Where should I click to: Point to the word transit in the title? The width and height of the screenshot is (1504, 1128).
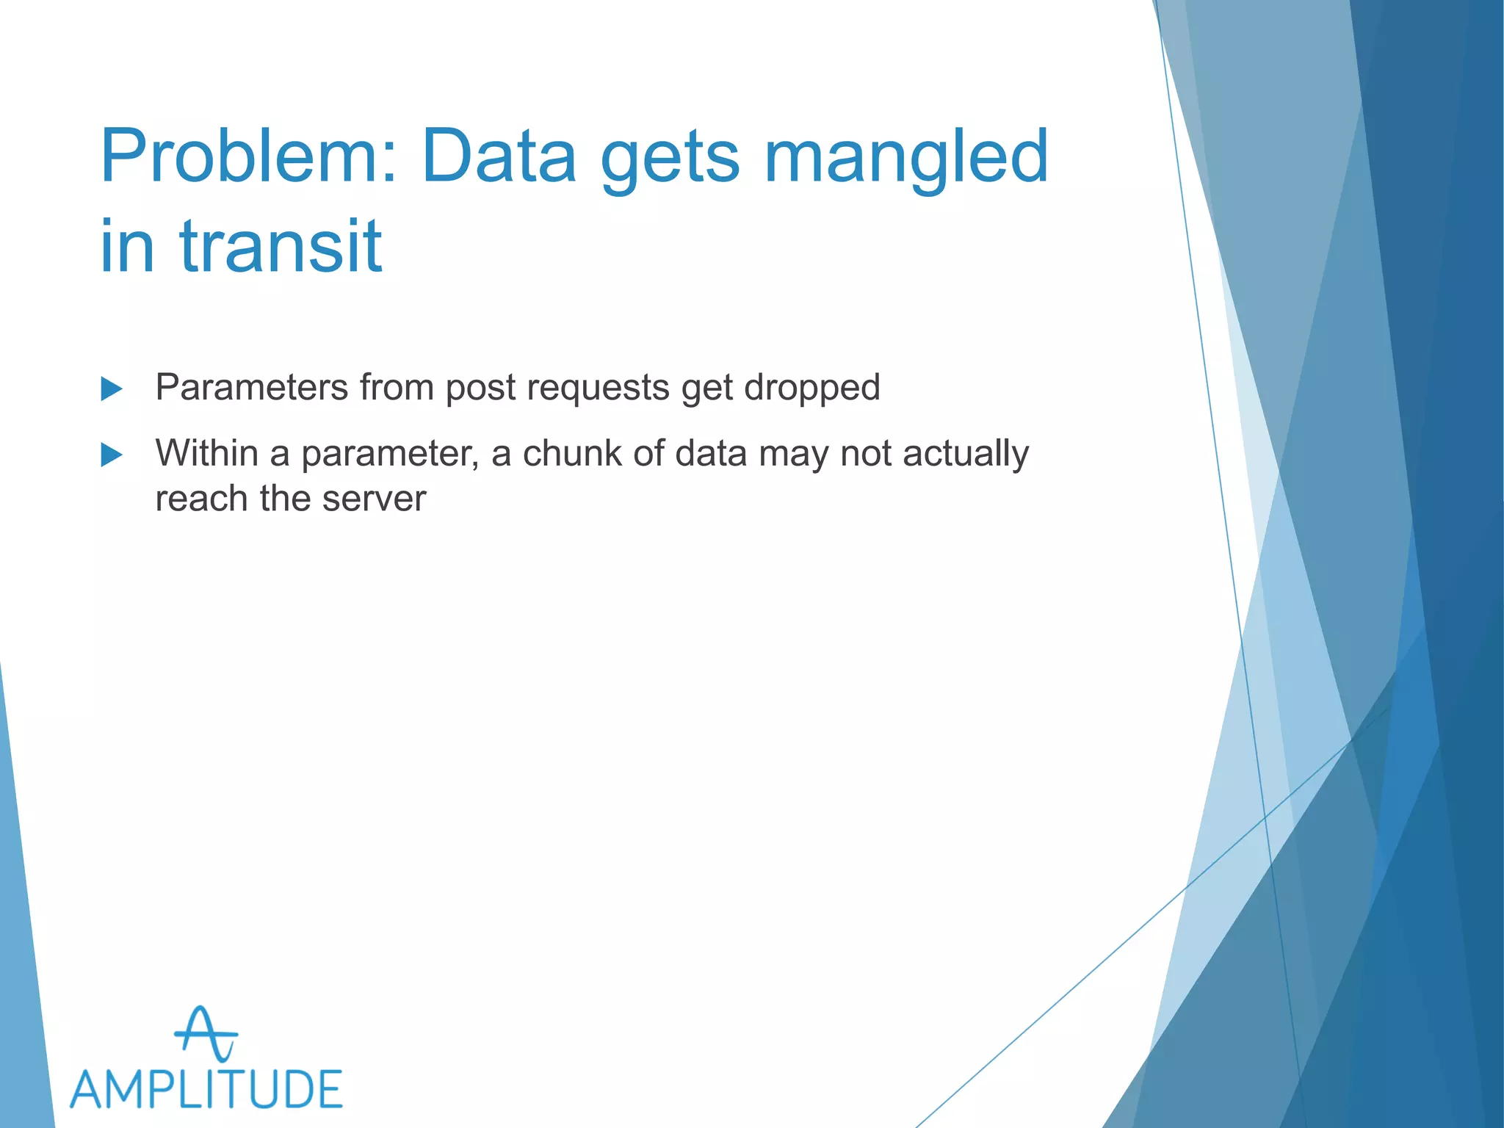[281, 246]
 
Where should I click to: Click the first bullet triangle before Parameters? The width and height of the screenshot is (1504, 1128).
[111, 388]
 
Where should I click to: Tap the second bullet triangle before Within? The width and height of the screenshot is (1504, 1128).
[111, 455]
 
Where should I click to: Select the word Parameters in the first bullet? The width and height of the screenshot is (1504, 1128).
[251, 387]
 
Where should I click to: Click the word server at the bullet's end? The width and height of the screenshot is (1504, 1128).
[374, 499]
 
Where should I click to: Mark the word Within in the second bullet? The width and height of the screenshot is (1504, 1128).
[206, 452]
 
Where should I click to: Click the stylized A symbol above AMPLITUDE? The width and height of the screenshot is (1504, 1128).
[206, 1034]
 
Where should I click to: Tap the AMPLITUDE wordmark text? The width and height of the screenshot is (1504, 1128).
[206, 1090]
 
